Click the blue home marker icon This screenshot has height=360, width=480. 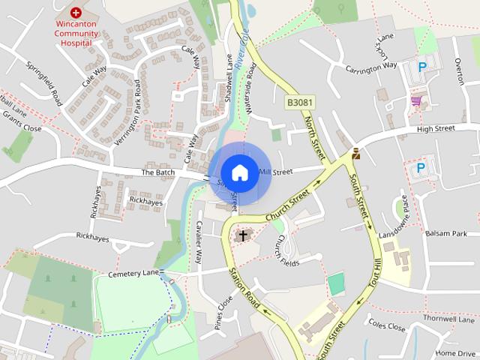click(239, 172)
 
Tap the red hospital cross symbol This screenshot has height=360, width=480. click(76, 13)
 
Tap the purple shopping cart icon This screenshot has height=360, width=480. click(415, 100)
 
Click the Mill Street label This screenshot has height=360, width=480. click(275, 172)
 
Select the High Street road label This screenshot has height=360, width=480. click(436, 128)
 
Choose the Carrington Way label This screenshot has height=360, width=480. click(370, 66)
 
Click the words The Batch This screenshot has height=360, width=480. click(157, 172)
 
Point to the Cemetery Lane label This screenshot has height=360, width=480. click(133, 274)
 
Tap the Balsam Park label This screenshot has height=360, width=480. click(446, 234)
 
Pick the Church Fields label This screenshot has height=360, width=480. click(283, 252)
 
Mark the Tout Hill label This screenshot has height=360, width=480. click(376, 277)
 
